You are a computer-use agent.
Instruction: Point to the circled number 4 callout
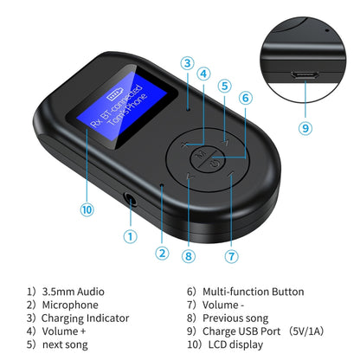203,74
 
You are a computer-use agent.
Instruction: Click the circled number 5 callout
225,86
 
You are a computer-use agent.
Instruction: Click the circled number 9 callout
304,128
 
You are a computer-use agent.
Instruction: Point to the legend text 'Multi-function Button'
252,292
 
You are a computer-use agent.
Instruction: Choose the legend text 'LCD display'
232,344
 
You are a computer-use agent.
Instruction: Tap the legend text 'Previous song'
235,318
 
